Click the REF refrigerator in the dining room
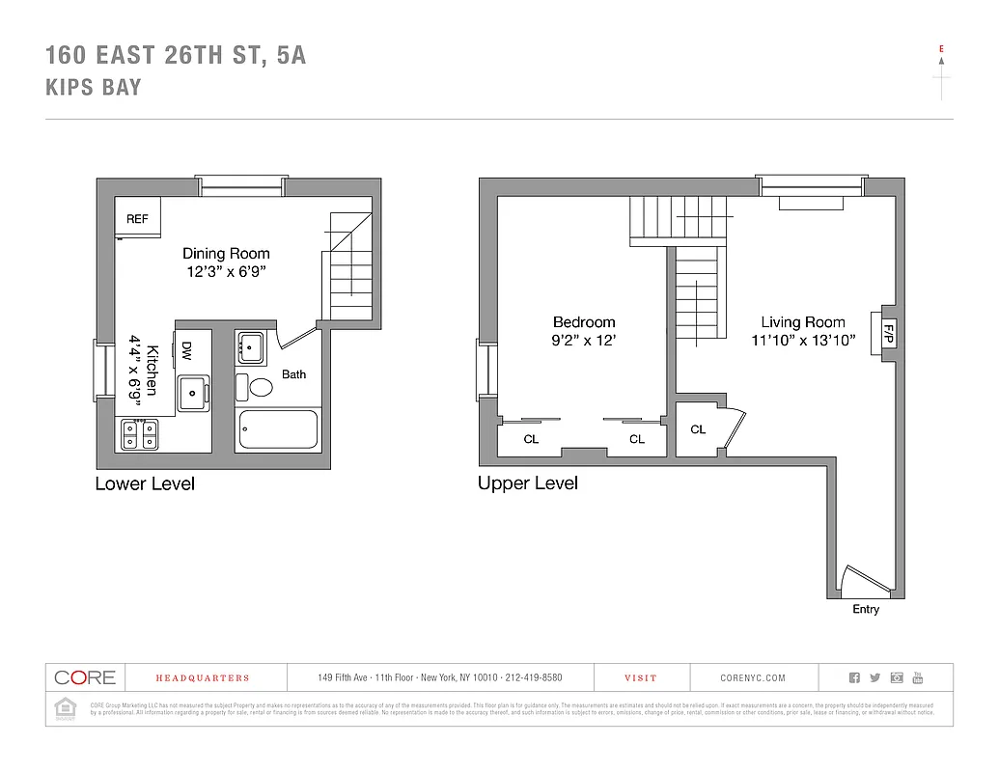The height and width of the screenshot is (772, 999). click(137, 219)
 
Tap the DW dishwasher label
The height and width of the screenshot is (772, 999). click(186, 351)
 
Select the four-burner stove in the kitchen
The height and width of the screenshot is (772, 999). click(137, 435)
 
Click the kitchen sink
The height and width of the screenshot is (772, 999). click(194, 391)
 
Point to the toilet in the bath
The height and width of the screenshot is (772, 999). click(261, 388)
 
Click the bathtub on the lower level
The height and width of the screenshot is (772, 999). click(278, 429)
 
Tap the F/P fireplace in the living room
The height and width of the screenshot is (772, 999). click(888, 335)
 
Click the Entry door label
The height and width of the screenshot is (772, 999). click(866, 609)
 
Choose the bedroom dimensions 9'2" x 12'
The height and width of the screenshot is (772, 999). click(584, 340)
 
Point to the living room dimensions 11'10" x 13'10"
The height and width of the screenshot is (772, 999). click(803, 340)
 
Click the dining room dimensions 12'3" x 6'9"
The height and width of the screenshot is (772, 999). click(227, 271)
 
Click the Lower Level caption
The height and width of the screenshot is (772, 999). click(145, 483)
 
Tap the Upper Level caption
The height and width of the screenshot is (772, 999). click(528, 482)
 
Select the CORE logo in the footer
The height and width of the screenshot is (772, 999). click(85, 677)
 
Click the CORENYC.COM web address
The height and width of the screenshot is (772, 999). click(753, 678)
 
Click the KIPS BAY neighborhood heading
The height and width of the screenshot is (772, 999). click(94, 87)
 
